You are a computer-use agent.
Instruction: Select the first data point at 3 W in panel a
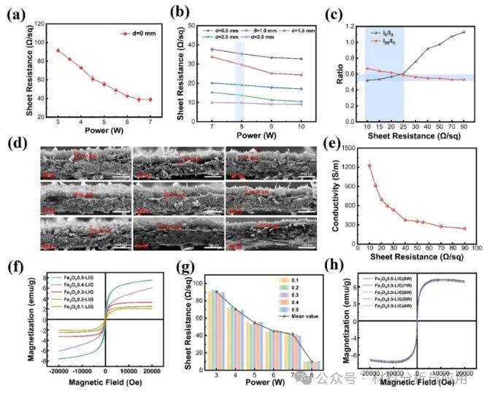(58, 50)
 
